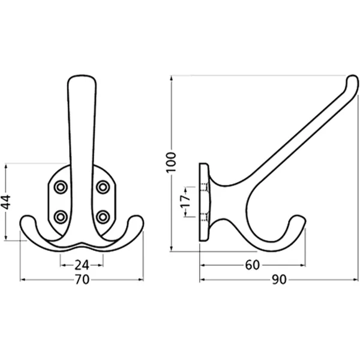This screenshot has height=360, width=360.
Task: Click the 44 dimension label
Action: (x=5, y=202)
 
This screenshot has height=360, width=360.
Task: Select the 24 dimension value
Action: (x=82, y=265)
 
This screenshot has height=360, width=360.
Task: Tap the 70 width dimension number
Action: (x=82, y=280)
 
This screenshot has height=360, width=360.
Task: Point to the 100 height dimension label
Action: (x=171, y=162)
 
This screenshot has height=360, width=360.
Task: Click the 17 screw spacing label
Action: (x=185, y=202)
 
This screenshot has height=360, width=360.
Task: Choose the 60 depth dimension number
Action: (x=253, y=265)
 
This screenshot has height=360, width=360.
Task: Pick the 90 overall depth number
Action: (x=279, y=280)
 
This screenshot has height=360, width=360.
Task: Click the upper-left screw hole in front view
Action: (x=61, y=187)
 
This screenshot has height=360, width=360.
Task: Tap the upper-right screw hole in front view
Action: (x=103, y=187)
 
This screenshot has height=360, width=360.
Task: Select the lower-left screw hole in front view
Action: (x=61, y=217)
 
